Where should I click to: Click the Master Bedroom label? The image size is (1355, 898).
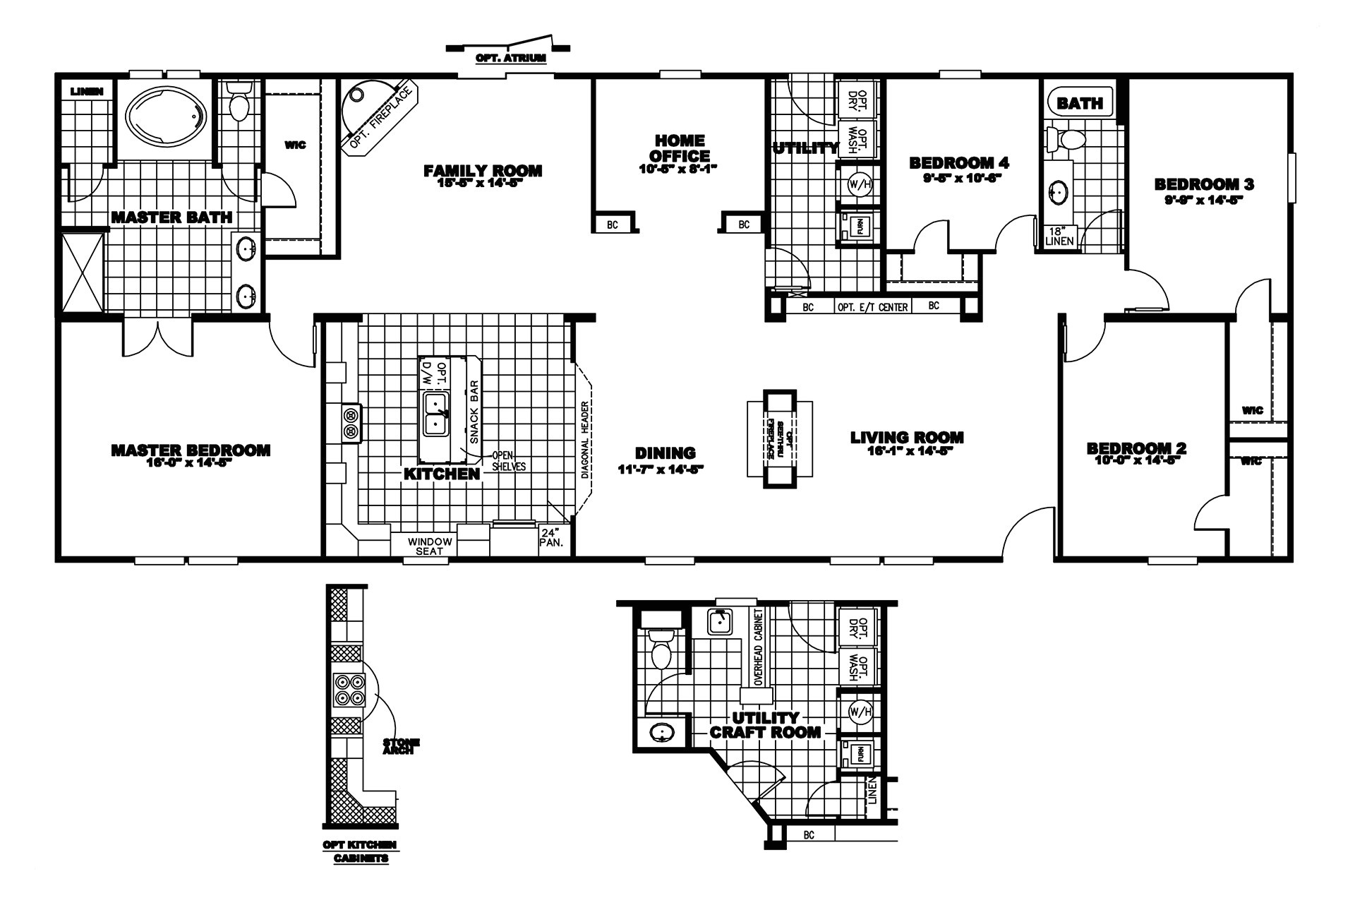[x=191, y=450]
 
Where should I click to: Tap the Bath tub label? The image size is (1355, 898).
[x=1080, y=103]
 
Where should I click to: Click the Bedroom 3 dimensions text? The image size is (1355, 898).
[x=1203, y=200]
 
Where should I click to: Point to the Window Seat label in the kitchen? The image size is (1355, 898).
[x=429, y=546]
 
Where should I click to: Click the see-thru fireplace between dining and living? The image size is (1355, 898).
[x=780, y=438]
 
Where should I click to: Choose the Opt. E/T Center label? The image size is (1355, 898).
[x=872, y=307]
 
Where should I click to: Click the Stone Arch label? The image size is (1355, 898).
[x=401, y=746]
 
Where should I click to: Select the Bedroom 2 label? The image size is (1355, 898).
[x=1136, y=448]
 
